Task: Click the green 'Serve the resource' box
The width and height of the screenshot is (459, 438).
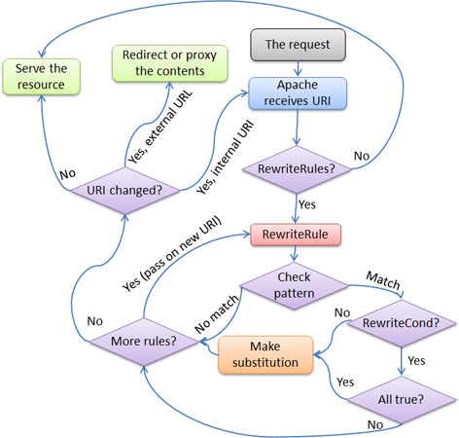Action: coord(40,77)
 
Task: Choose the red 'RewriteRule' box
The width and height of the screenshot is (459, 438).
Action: coord(294,235)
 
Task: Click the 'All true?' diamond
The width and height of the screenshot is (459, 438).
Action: coord(400,399)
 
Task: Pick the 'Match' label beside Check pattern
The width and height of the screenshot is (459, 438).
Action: coord(380,279)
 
